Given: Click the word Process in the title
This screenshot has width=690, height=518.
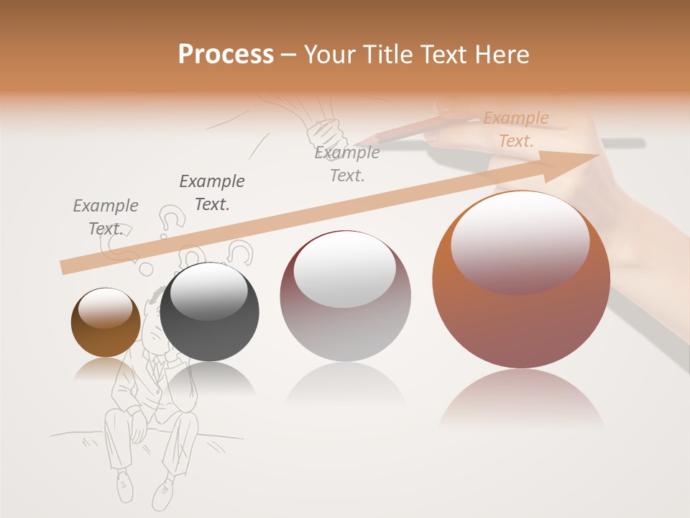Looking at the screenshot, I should tap(226, 55).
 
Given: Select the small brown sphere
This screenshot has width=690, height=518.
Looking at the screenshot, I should tap(106, 323).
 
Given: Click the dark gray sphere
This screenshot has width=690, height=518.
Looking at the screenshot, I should tap(209, 312).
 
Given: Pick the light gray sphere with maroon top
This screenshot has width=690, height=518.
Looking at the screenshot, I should tap(345, 296).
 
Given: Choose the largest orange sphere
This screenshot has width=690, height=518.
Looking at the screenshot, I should tap(521, 280).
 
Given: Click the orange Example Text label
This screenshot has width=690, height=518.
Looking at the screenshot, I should tap(516, 129).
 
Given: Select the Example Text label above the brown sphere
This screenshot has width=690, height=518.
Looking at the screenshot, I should tap(105, 217).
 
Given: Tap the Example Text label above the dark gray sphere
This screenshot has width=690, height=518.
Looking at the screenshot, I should tap(212, 193).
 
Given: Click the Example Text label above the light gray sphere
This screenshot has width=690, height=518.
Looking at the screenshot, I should tap(347, 164).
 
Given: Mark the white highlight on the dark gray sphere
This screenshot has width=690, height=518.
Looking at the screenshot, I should tap(208, 291).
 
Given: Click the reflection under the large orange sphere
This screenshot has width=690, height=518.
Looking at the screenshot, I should tap(521, 399).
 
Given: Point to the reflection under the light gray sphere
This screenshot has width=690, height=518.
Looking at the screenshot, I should tap(345, 385).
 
